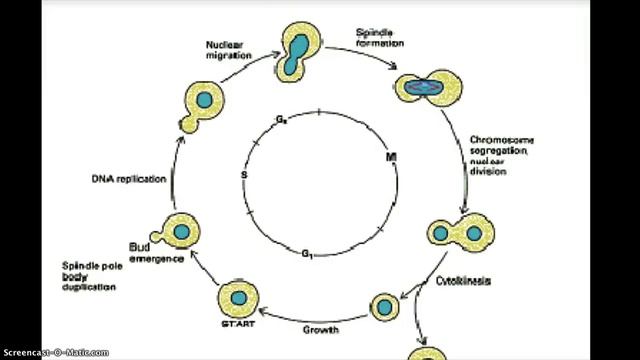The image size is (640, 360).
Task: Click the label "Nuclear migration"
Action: [x=229, y=50]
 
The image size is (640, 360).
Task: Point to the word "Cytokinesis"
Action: [x=461, y=281]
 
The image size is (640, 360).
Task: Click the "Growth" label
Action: [x=322, y=328]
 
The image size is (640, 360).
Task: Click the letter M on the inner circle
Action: [x=391, y=159]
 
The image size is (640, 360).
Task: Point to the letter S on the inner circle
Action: [x=243, y=176]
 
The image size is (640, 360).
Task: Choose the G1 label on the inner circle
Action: [x=309, y=256]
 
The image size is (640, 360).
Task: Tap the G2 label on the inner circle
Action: [x=283, y=121]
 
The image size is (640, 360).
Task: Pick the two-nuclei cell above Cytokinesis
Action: [x=461, y=235]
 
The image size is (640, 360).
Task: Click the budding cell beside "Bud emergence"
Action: [x=177, y=232]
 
